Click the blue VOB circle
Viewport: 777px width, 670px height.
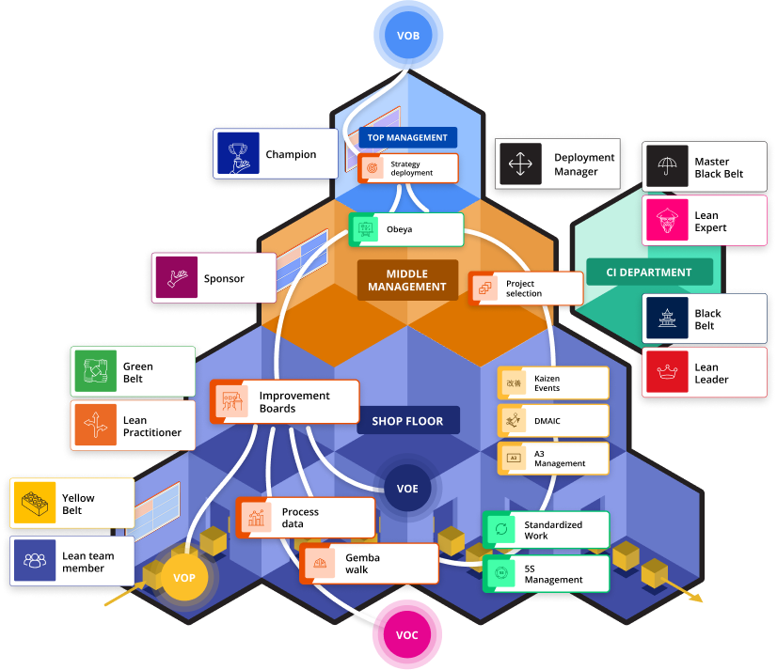click(408, 37)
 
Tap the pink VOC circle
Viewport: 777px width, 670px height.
click(406, 635)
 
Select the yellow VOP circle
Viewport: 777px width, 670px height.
click(184, 577)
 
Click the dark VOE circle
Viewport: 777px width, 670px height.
click(407, 489)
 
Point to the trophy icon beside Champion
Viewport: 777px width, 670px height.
click(237, 154)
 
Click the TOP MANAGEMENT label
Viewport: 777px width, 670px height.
click(407, 137)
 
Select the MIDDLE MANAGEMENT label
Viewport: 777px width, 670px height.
click(407, 280)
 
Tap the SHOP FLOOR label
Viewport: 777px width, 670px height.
click(408, 421)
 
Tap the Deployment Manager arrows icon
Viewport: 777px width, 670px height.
click(518, 164)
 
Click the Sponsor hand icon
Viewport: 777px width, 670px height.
click(176, 278)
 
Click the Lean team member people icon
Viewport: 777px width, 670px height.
click(36, 561)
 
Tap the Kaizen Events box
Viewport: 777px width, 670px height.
click(553, 382)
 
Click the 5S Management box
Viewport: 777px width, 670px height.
click(546, 573)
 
